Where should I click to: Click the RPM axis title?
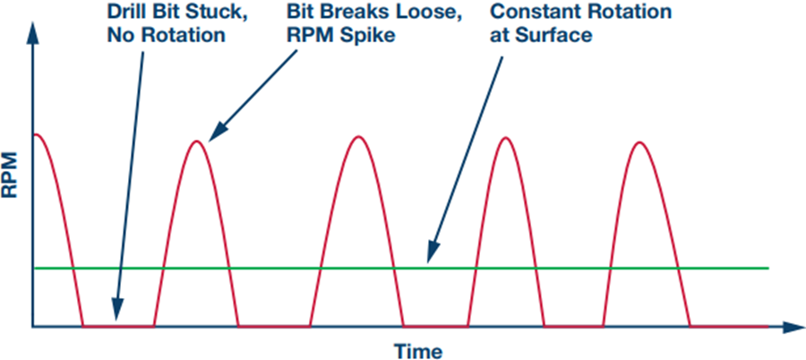tap(10, 175)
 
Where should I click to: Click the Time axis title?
tap(418, 351)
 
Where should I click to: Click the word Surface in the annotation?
tap(557, 36)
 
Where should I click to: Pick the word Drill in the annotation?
tap(124, 11)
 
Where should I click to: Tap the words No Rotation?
tap(167, 36)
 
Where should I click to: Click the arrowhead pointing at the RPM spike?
tap(219, 131)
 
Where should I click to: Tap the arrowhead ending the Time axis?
tap(793, 327)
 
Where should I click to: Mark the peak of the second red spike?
tap(196, 141)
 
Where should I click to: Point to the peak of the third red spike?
tap(358, 137)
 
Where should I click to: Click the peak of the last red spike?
tap(639, 141)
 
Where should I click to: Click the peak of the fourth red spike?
tap(507, 137)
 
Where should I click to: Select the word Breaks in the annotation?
tap(362, 11)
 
